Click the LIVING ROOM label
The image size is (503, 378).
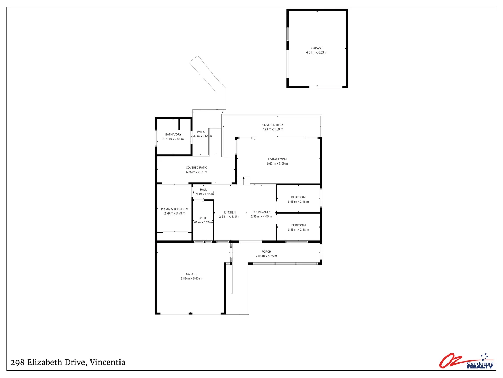click(277, 159)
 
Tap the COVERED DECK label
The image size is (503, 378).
click(273, 125)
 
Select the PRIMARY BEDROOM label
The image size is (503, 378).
click(175, 209)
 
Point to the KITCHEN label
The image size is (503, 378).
click(230, 212)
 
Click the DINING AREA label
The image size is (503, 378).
click(262, 212)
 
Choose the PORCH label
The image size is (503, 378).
click(266, 252)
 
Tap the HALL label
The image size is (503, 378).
click(203, 190)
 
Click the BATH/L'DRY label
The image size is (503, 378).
click(173, 134)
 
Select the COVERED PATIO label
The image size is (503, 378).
click(197, 168)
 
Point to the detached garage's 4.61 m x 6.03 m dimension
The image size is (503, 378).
click(317, 52)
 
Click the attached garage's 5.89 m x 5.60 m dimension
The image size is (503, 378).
click(191, 279)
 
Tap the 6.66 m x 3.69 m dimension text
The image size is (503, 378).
click(277, 164)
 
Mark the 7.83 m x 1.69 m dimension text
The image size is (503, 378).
click(273, 129)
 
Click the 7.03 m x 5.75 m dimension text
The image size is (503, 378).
click(266, 256)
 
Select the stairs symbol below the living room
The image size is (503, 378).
click(243, 181)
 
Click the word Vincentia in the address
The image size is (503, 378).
click(108, 363)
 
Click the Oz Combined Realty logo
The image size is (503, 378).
click(466, 361)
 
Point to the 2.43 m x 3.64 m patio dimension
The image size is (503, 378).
click(201, 136)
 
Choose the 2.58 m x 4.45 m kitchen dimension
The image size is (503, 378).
click(230, 217)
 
